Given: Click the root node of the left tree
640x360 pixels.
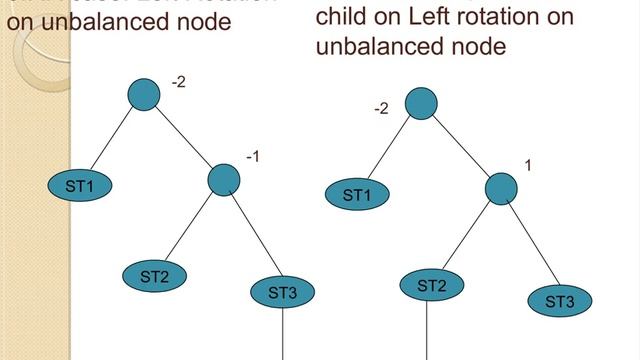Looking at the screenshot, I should click(145, 94).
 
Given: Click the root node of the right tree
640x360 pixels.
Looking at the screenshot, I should click(421, 102).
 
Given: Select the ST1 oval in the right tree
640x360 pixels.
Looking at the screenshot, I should click(357, 195).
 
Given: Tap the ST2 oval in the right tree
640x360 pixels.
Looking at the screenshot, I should click(431, 286).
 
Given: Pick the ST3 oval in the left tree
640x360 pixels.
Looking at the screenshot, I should click(283, 293).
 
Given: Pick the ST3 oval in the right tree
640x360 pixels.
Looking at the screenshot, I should click(560, 301).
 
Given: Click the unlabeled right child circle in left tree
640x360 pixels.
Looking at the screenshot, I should click(224, 180).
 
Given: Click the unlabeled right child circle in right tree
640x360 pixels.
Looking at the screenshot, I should click(501, 188).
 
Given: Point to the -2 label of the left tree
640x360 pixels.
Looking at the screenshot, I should click(178, 81).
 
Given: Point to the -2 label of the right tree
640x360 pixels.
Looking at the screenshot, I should click(380, 108).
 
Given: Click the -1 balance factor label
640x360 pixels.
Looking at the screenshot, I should click(253, 156).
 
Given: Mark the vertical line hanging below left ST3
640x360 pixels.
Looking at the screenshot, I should click(284, 334).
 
